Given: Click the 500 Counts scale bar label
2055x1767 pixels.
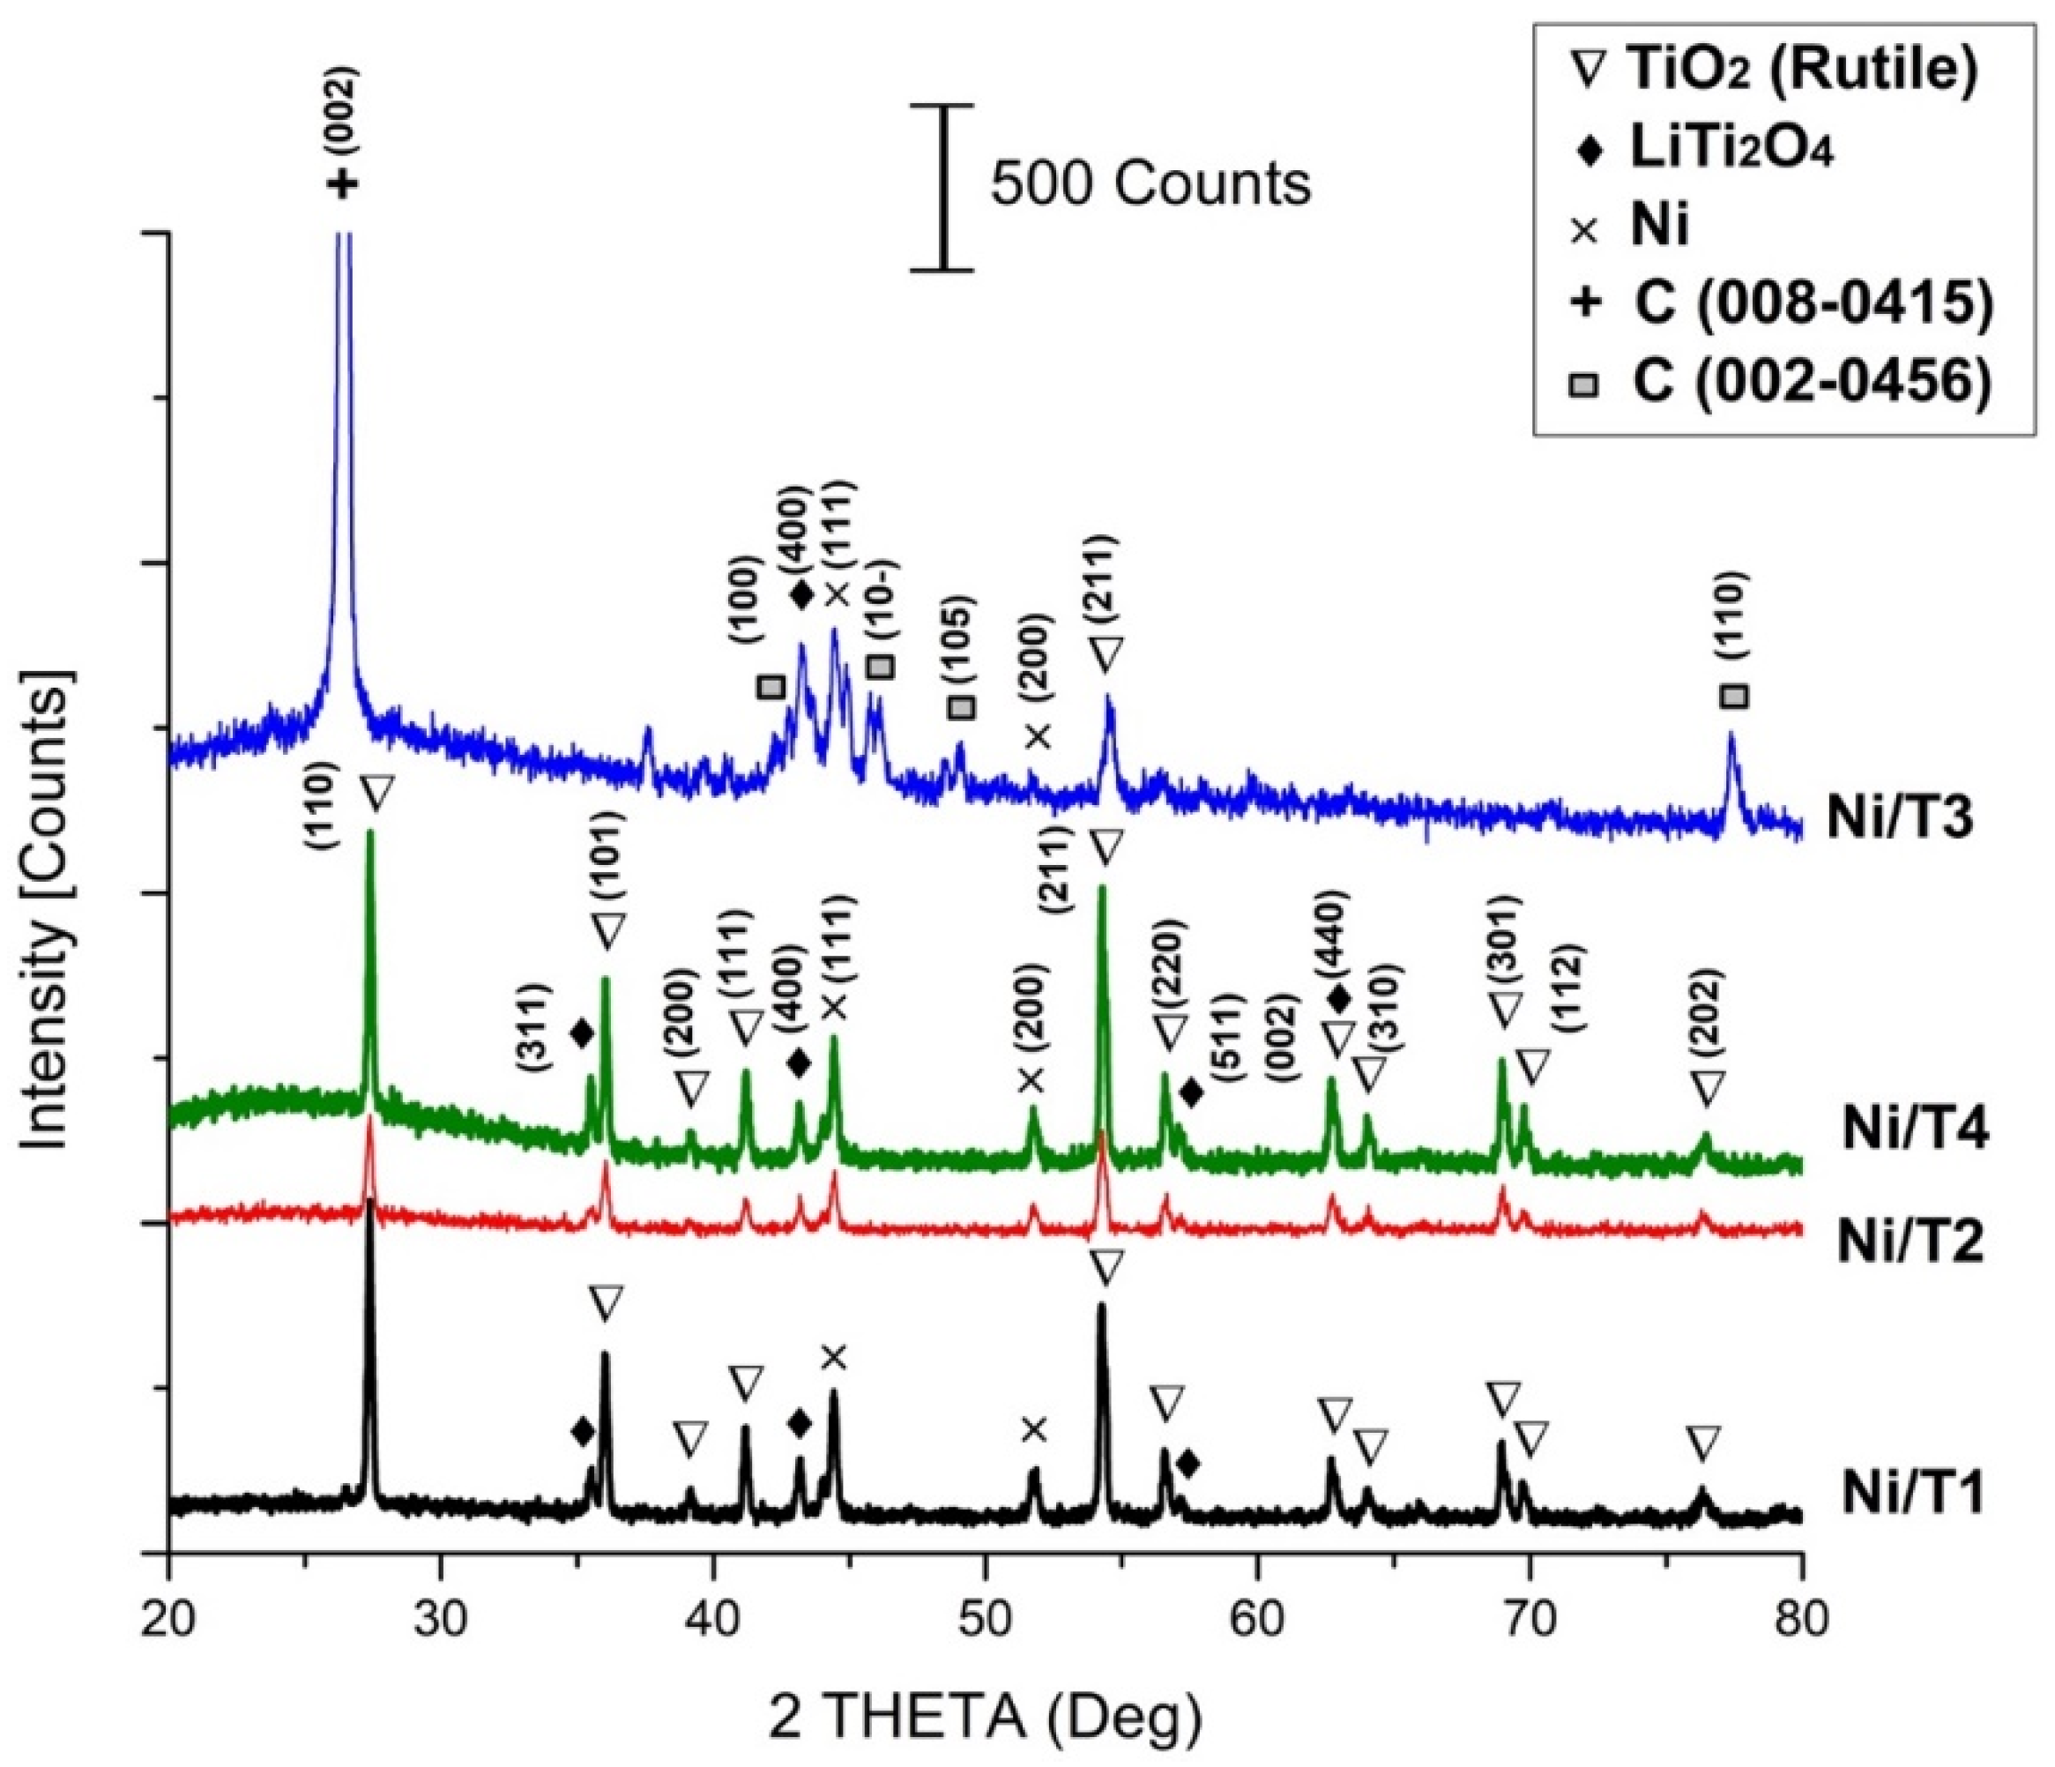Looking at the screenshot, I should click(1150, 184).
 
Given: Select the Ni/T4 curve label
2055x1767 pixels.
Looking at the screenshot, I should click(1914, 1130).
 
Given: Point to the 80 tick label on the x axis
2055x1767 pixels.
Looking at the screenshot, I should click(1802, 1628).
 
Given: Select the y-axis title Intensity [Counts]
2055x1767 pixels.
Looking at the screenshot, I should click(48, 913).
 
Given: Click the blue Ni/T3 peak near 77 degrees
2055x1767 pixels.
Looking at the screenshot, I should click(1731, 739).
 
